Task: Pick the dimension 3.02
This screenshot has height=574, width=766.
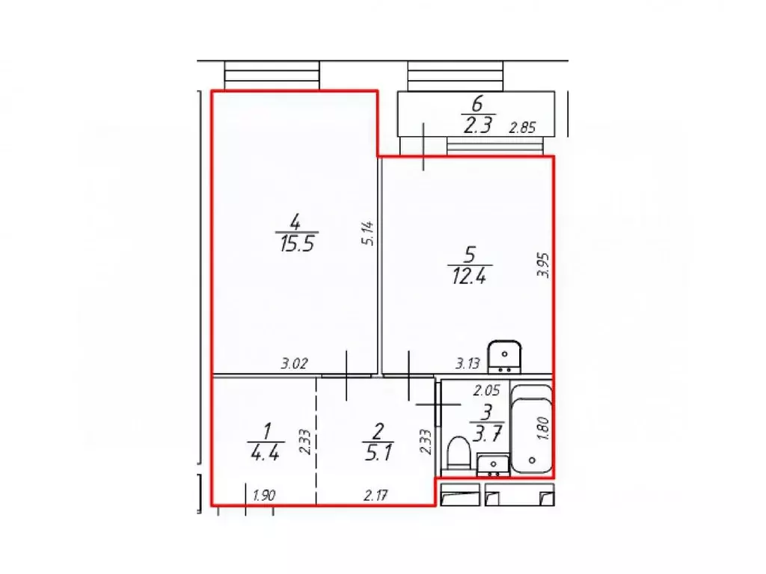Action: point(295,364)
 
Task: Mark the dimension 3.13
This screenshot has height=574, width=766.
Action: point(470,364)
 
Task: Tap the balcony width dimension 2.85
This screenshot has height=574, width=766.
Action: point(523,128)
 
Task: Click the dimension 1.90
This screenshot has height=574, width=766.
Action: point(266,494)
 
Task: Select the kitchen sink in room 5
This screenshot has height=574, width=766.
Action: point(505,355)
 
